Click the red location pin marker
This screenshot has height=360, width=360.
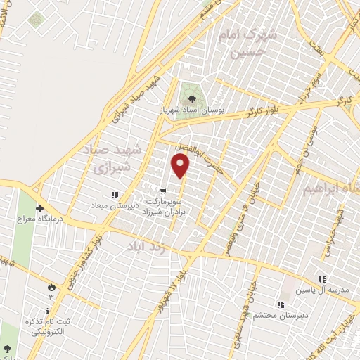click(x=181, y=166)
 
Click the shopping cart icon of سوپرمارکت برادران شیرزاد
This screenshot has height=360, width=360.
click(x=162, y=190)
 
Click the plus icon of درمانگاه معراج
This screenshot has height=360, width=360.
click(x=39, y=208)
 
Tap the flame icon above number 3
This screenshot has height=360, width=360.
click(x=50, y=287)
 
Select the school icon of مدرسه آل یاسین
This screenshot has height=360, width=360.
click(x=323, y=279)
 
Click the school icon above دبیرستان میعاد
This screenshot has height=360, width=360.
click(x=114, y=194)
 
